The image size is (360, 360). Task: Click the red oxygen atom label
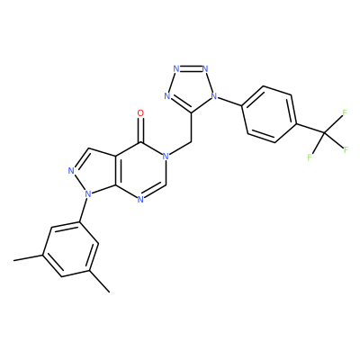point(140,113)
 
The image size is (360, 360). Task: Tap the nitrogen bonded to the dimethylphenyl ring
point(88,194)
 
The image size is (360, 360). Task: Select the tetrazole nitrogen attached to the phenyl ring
point(213,96)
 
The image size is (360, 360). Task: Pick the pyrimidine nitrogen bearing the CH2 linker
point(166,157)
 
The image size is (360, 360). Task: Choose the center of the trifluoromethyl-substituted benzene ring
point(269,114)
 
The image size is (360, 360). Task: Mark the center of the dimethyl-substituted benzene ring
point(71,249)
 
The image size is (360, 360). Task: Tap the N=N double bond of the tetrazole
point(191,67)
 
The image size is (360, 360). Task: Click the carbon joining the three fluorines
point(324,132)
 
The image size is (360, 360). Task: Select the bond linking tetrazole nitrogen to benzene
point(229,101)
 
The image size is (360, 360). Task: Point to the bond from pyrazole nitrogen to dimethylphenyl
point(84,211)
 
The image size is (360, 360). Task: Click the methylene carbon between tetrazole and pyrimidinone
point(191,142)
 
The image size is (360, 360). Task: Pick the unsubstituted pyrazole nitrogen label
point(71,171)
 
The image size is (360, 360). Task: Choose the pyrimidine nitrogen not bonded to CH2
point(140,200)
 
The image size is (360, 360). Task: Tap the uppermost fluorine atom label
point(345,112)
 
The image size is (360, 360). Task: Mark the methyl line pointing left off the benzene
point(29,257)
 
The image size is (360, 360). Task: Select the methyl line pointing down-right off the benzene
point(100,281)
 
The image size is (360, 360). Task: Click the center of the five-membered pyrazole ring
point(92,172)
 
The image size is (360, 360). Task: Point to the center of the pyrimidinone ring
point(140,171)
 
